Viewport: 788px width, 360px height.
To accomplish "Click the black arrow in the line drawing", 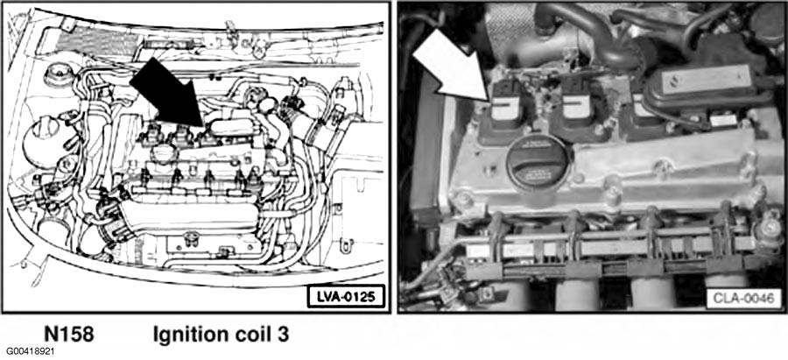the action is [168, 95].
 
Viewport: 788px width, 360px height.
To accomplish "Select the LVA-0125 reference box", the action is [346, 297].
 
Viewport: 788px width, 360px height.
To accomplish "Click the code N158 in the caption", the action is [69, 335].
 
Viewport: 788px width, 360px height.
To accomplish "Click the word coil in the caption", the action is [247, 335].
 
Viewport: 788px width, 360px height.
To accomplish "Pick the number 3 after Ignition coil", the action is [283, 335].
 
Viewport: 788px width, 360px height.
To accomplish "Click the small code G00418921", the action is [31, 351].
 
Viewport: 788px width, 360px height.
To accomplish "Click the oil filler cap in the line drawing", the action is [165, 152].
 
